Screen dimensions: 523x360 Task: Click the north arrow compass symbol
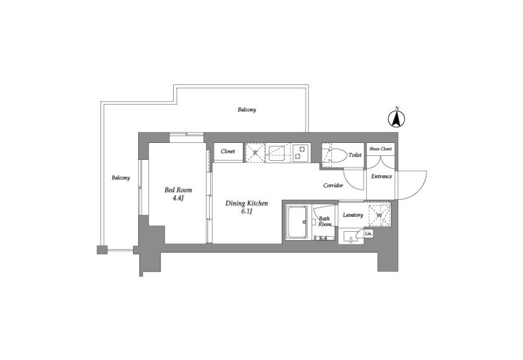tap(396, 118)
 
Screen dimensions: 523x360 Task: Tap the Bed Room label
tap(178, 190)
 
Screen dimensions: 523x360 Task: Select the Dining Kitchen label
tap(246, 203)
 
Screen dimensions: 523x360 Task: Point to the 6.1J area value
tap(246, 212)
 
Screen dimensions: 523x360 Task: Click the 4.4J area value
tap(178, 199)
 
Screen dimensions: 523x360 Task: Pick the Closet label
tap(228, 152)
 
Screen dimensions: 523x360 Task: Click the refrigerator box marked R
tap(255, 153)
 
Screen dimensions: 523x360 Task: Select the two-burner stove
tap(301, 153)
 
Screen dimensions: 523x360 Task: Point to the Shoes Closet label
tap(380, 149)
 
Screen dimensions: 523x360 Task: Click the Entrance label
tap(382, 177)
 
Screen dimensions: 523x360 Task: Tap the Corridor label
tap(333, 185)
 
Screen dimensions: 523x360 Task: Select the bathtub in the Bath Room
tap(297, 222)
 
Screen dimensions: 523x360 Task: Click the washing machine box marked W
tap(379, 215)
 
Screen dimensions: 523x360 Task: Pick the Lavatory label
tap(353, 215)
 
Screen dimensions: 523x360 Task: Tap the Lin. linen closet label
tap(368, 233)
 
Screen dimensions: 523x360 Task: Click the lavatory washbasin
tap(351, 237)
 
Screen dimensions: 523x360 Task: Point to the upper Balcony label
tap(247, 110)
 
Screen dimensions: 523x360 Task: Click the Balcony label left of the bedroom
tap(121, 178)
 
